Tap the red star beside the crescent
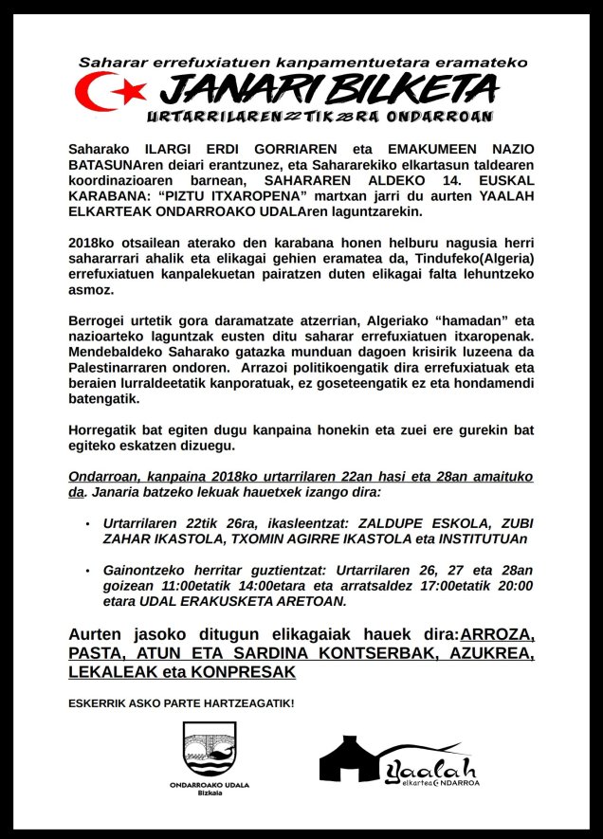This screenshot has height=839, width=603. (133, 90)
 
